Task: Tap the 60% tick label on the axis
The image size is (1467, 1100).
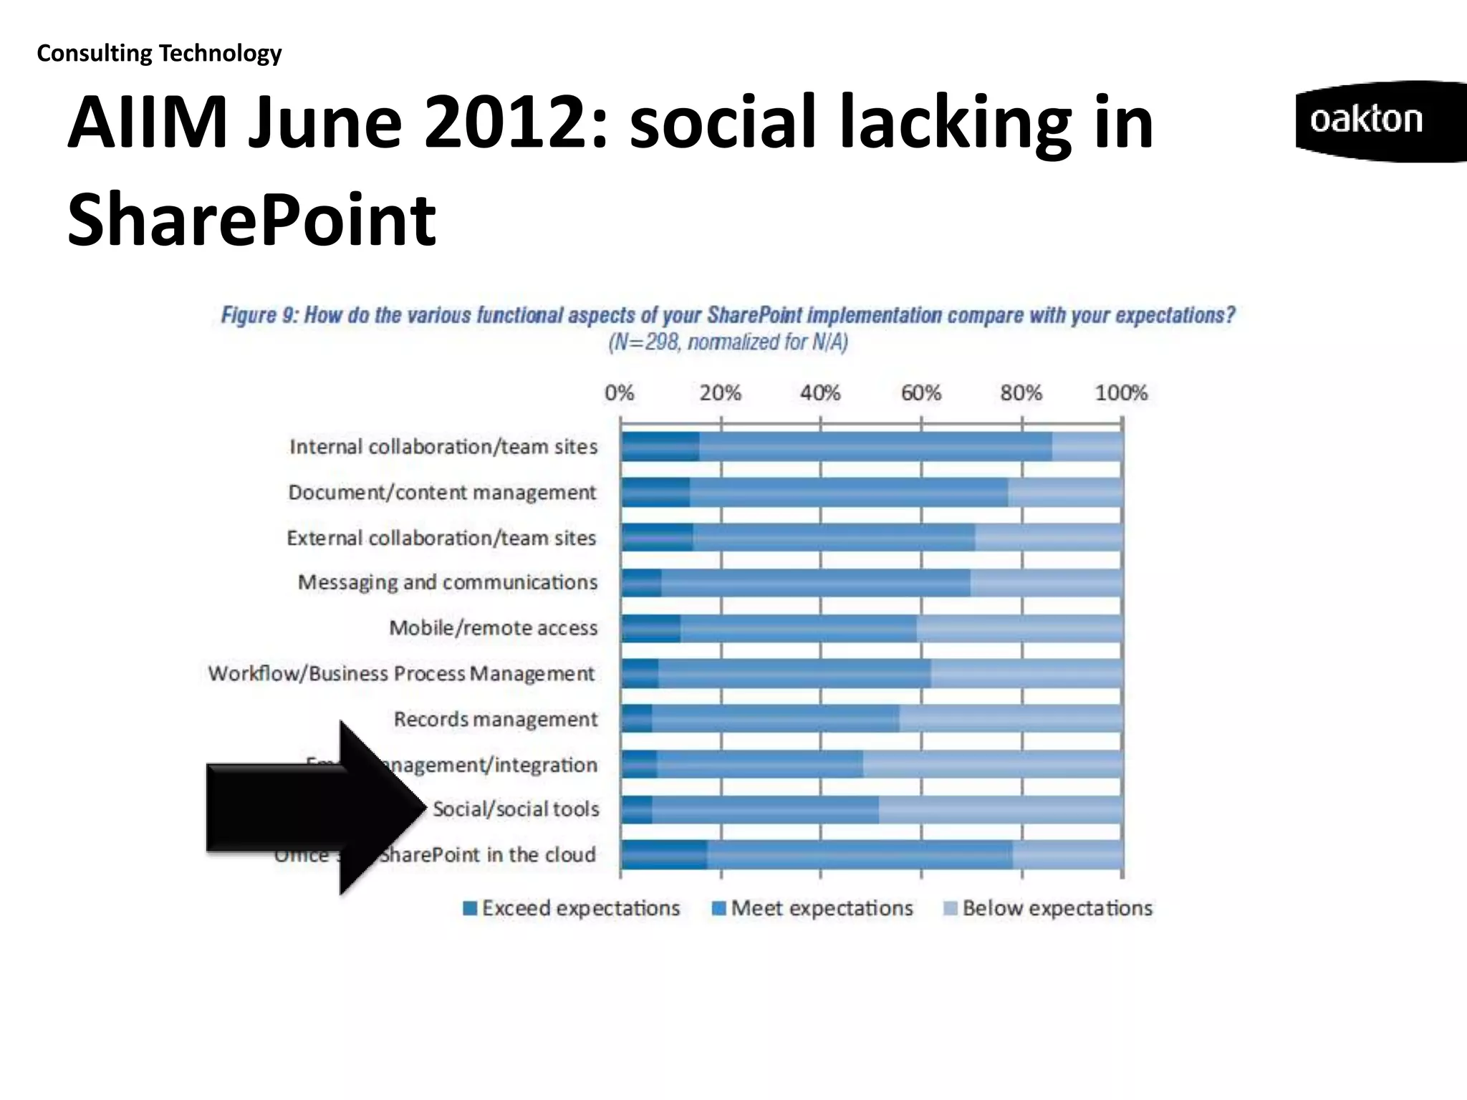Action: [920, 393]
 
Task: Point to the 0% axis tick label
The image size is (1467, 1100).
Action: [619, 393]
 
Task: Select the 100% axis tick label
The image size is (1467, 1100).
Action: [1121, 393]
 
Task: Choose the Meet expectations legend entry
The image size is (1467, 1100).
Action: [813, 908]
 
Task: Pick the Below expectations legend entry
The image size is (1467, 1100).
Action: [1049, 908]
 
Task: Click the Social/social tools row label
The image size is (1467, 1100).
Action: [516, 809]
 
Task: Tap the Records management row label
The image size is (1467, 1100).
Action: [496, 719]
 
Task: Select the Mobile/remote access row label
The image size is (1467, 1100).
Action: [493, 628]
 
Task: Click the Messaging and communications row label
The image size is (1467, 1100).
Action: [448, 582]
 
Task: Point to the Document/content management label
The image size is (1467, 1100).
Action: [442, 493]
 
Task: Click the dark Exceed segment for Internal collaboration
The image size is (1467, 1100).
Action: [660, 447]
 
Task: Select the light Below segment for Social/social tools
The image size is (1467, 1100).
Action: [1000, 810]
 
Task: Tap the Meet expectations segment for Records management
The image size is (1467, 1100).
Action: [775, 719]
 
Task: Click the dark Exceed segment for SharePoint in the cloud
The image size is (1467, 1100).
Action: [664, 855]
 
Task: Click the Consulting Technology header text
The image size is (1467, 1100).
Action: [159, 53]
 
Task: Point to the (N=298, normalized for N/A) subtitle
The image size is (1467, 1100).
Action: [728, 342]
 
